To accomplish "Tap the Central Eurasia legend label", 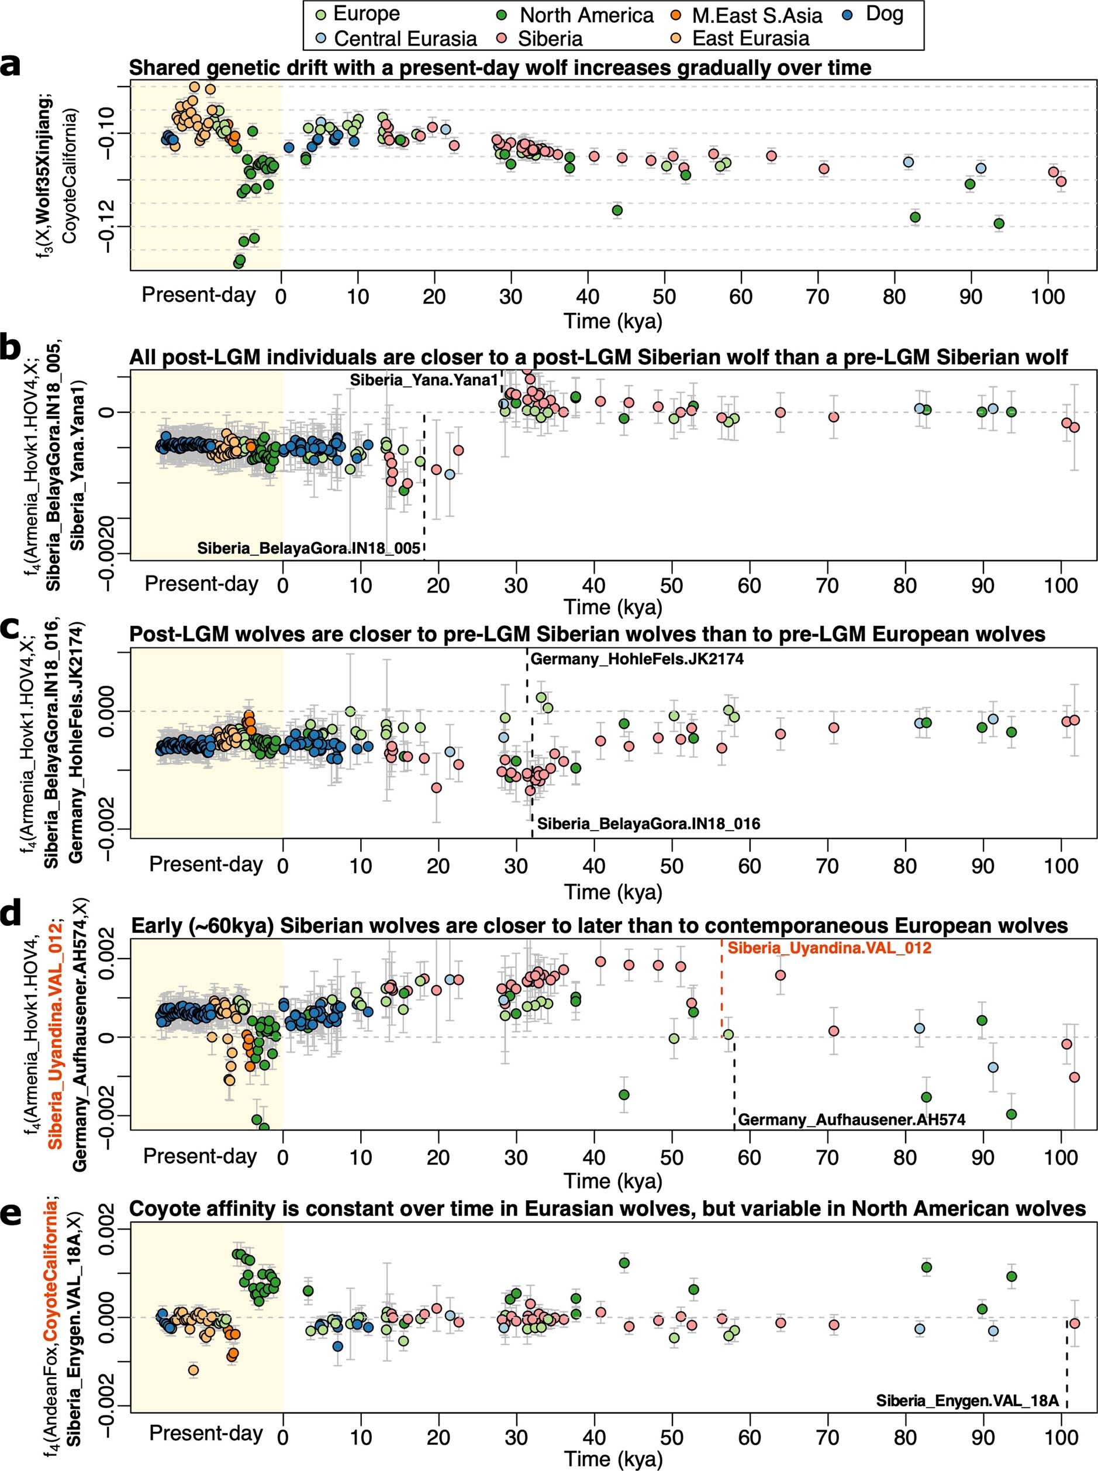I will coord(405,39).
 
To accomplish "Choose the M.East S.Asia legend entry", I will coord(757,15).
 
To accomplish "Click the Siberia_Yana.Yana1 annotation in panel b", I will coord(424,380).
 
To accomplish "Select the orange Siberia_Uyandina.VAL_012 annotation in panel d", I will coord(829,948).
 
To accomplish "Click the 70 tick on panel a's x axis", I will coord(817,297).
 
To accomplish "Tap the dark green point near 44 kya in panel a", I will coord(617,210).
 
